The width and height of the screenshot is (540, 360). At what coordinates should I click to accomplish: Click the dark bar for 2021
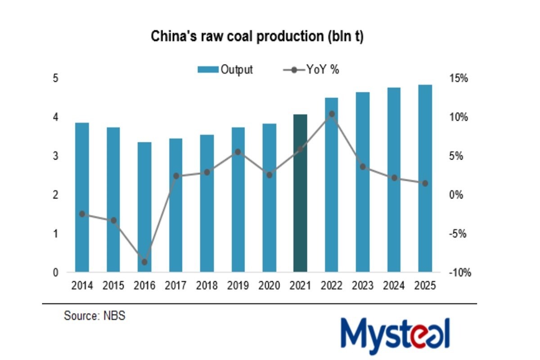click(300, 193)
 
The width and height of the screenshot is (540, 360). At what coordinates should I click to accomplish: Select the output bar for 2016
click(144, 207)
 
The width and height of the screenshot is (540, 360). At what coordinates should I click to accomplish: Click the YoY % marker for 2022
click(332, 114)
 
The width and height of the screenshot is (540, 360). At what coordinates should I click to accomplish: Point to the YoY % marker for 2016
click(144, 262)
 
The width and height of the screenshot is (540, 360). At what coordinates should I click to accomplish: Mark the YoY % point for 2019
click(238, 152)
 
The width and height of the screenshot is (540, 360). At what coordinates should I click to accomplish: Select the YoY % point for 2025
click(425, 183)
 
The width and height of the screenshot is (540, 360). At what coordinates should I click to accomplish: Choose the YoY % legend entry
click(311, 70)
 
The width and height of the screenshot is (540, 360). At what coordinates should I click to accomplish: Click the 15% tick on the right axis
click(459, 78)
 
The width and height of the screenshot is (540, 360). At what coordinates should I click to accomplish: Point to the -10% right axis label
click(459, 273)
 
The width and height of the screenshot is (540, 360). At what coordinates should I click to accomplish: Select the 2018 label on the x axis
click(207, 286)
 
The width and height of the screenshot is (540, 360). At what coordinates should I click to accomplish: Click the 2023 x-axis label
click(363, 286)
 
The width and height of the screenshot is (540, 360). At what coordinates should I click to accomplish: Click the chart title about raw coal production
click(257, 36)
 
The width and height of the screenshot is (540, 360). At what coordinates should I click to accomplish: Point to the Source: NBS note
click(94, 316)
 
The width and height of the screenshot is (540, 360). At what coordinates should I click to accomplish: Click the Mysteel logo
click(395, 335)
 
